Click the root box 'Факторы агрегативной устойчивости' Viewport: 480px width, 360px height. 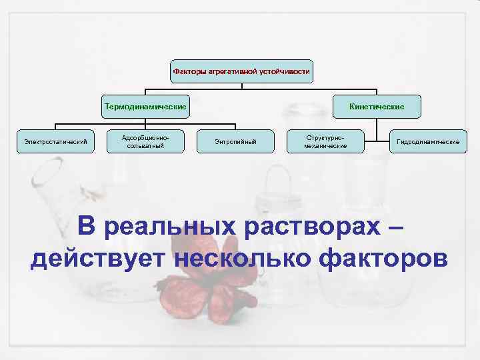tap(241, 70)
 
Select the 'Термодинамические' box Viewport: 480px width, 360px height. tap(145, 106)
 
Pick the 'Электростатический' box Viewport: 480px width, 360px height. tap(56, 141)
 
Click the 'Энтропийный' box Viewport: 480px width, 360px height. tap(235, 141)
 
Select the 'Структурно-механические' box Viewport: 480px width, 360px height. tap(325, 141)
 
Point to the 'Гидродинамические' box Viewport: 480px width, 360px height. tap(428, 141)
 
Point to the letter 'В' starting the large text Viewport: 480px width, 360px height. tap(87, 225)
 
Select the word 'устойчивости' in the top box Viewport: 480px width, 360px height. tap(287, 70)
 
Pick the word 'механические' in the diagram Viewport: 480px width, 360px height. tap(325, 145)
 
